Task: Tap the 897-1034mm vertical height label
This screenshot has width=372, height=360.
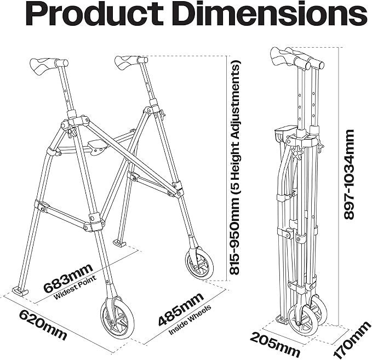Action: (348, 174)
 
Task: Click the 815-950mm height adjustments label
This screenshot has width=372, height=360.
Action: (234, 167)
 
